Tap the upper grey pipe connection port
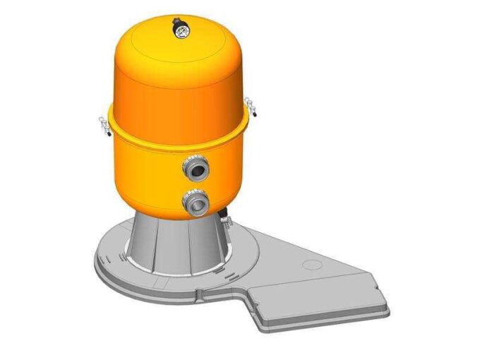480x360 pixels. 196,169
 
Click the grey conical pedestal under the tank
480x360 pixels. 176,244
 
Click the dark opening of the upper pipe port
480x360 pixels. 198,170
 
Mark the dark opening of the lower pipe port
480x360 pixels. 197,203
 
